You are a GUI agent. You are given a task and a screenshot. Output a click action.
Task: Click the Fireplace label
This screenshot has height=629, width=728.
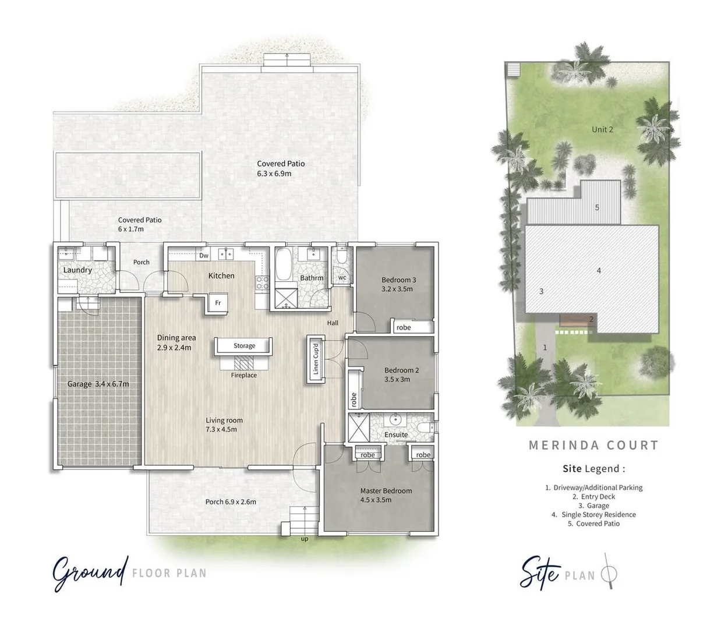[x=243, y=376]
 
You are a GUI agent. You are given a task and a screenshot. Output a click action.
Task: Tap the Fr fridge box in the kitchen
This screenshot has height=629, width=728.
[x=218, y=303]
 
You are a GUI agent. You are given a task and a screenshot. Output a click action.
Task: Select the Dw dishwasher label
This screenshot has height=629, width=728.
[x=203, y=256]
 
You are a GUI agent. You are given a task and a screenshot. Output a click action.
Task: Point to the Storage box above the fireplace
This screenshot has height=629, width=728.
[x=244, y=346]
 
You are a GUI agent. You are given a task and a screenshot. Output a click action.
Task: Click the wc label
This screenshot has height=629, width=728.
[x=342, y=277]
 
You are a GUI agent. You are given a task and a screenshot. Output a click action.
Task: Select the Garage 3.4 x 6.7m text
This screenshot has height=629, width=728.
[x=98, y=384]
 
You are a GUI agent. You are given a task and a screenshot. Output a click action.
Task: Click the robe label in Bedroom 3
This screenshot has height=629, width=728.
[x=403, y=328]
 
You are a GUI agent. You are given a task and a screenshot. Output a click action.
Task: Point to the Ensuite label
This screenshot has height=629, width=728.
[x=396, y=434]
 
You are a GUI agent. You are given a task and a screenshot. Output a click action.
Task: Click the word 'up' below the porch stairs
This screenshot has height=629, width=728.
[x=305, y=539]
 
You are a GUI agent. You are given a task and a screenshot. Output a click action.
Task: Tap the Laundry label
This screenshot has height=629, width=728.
[x=77, y=270]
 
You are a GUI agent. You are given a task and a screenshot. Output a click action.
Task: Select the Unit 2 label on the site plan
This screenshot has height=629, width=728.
[x=602, y=129]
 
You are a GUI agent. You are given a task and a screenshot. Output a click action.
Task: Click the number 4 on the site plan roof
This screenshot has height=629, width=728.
[x=599, y=270]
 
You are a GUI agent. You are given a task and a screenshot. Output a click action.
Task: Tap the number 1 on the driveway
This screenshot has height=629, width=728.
[x=545, y=347]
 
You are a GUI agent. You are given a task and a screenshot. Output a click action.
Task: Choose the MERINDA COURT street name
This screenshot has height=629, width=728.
[x=593, y=446]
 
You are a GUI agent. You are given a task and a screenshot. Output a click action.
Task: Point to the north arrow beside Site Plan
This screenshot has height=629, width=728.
[x=609, y=571]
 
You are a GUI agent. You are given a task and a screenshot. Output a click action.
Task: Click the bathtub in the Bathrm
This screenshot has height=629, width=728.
[x=285, y=265]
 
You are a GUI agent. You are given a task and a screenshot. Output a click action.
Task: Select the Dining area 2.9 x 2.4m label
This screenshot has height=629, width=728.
[x=176, y=342]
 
